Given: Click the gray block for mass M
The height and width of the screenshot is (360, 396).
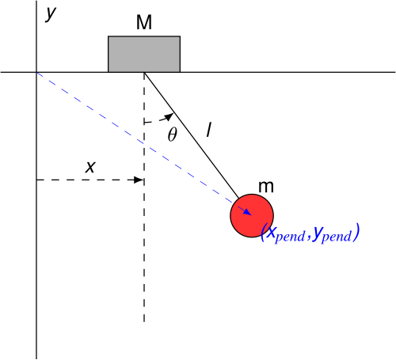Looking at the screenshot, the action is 144,54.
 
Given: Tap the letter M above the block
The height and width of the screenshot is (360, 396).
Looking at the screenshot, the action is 144,22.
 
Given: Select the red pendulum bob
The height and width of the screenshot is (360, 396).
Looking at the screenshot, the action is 252,216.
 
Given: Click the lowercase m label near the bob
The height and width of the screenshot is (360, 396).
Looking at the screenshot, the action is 266,187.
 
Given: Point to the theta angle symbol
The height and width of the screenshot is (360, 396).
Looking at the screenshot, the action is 173,135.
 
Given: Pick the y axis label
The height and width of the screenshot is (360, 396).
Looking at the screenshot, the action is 51,13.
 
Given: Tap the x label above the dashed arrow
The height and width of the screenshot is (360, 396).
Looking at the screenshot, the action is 90,167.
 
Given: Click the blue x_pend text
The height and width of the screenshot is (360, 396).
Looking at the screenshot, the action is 286,234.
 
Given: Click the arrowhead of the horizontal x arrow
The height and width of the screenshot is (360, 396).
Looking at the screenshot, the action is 139,180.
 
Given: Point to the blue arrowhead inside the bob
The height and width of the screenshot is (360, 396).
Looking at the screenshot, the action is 247,212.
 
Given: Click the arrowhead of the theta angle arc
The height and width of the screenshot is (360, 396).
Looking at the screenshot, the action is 169,116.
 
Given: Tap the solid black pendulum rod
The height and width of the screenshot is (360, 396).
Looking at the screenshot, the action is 192,135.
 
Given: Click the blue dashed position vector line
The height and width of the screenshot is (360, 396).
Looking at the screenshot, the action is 144,143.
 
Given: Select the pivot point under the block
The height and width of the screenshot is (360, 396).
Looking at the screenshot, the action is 144,72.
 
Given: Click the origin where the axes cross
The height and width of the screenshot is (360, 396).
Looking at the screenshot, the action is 36,72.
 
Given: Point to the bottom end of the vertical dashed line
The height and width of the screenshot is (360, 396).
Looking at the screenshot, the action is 144,322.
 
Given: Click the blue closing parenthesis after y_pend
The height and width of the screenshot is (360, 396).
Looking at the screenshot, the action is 356,232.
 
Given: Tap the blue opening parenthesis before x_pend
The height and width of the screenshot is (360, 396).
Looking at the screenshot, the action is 263,232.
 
